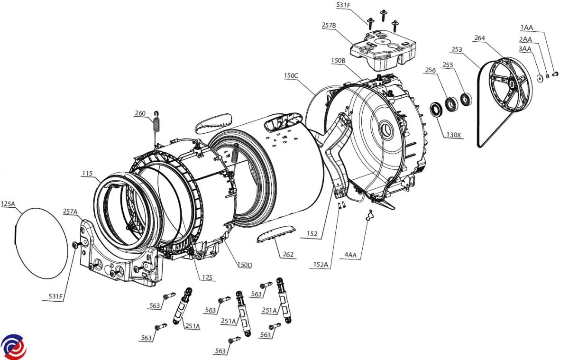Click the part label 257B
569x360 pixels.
[x=329, y=26]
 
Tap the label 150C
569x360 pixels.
[x=291, y=75]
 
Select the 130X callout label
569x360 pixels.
[x=453, y=135]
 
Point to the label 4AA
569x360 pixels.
[x=350, y=255]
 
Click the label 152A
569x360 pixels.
[x=321, y=265]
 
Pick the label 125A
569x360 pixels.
[x=8, y=204]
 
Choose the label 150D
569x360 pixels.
[x=245, y=265]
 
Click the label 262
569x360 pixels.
[x=288, y=254]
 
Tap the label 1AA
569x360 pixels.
[x=527, y=28]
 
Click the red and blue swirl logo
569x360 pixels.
[x=14, y=347]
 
